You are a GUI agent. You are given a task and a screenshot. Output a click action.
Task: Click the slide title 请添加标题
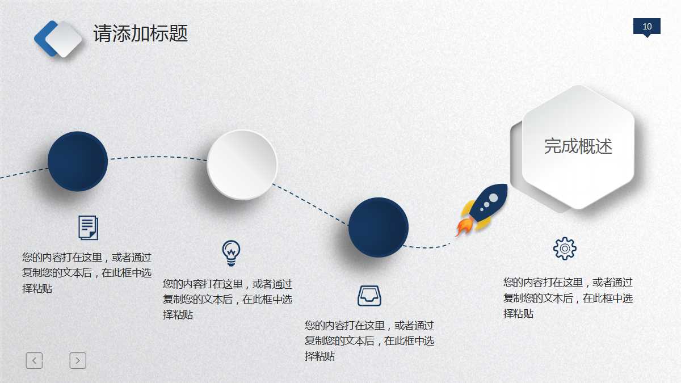(140, 33)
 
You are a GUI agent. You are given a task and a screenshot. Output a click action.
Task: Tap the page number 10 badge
(646, 27)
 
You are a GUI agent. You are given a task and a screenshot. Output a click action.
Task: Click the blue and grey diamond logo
(58, 39)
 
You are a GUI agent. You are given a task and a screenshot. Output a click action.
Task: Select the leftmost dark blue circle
(78, 162)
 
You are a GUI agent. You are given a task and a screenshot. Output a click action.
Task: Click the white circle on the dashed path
(242, 165)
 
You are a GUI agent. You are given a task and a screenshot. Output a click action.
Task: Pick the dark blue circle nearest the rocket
(378, 227)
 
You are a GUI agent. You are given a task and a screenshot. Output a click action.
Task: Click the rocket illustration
(484, 208)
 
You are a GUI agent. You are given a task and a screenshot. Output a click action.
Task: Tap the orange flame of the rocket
(463, 228)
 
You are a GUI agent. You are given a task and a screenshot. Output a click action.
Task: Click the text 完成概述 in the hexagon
(578, 146)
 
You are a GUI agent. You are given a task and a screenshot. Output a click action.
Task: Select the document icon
(88, 228)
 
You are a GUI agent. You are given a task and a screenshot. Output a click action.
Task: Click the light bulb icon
(231, 252)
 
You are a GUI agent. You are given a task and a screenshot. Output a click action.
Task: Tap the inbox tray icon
(369, 296)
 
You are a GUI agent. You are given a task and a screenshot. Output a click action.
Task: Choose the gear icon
(565, 249)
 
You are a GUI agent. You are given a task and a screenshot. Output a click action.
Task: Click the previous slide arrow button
(34, 360)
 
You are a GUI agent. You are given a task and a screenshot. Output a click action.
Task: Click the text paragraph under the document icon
(87, 273)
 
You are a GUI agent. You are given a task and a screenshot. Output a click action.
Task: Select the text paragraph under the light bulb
(228, 299)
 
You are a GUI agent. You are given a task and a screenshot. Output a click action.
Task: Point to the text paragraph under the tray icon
(369, 341)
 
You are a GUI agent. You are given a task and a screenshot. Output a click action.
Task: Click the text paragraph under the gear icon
(568, 298)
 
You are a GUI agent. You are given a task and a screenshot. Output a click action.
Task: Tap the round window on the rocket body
(493, 197)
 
